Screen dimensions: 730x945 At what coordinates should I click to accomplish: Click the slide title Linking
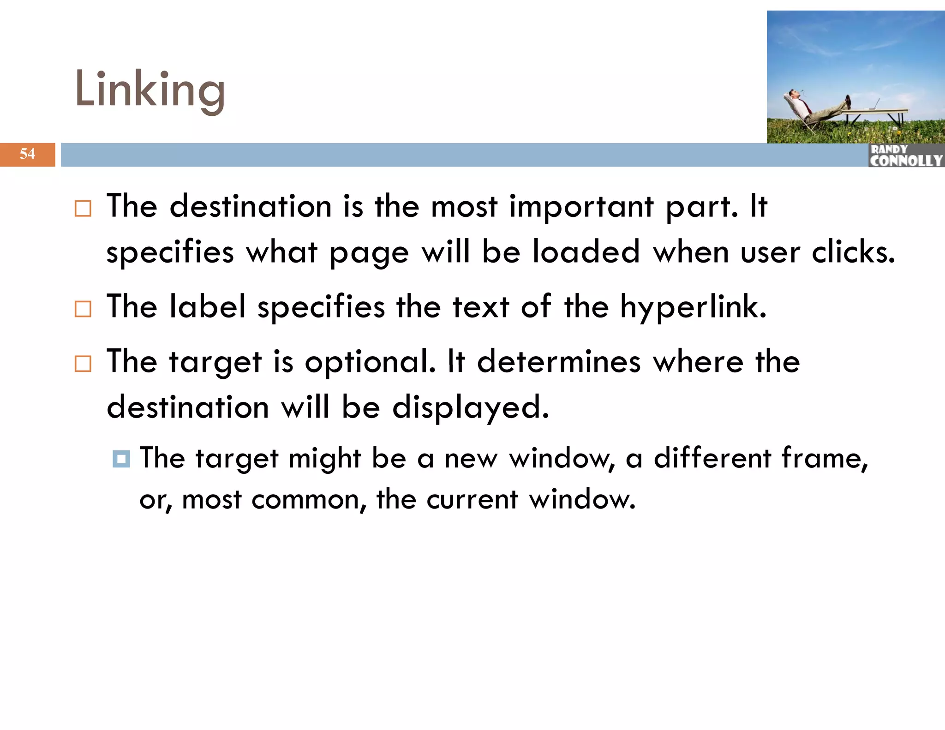click(150, 90)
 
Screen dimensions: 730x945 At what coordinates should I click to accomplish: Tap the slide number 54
click(27, 154)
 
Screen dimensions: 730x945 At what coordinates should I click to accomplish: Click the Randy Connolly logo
click(906, 156)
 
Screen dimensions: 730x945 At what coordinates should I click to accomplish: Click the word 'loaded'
click(586, 252)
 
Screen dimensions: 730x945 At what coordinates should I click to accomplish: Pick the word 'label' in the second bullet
click(208, 306)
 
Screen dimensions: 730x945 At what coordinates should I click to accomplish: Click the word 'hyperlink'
click(693, 307)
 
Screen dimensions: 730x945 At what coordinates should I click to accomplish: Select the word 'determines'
click(559, 362)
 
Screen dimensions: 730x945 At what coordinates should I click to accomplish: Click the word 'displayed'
click(471, 408)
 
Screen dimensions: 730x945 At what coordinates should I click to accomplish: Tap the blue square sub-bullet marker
click(121, 459)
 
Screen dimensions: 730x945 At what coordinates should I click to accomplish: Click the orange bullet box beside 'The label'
click(83, 309)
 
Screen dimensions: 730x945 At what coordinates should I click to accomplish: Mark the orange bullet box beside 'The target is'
click(83, 364)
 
